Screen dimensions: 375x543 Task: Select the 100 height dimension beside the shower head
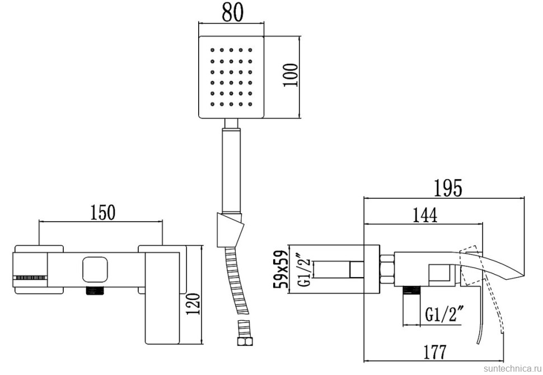(291, 74)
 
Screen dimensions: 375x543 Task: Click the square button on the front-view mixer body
(95, 269)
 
